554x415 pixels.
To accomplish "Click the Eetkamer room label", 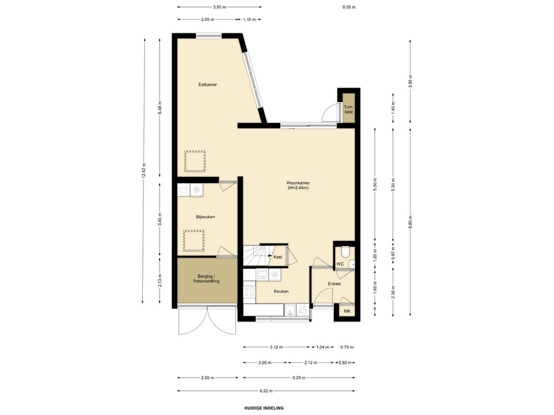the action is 207,85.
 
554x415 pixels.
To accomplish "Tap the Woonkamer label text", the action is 298,183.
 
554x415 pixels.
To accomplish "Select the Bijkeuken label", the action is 205,217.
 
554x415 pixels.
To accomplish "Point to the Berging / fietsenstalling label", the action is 206,278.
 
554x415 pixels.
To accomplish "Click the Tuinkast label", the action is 349,109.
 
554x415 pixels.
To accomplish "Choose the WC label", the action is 340,264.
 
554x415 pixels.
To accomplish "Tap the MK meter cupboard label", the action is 347,311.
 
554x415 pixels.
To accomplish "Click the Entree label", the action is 334,284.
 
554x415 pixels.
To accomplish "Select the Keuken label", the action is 281,291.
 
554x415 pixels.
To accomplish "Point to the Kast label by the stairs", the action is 278,257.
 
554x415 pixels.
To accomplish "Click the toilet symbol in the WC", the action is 345,251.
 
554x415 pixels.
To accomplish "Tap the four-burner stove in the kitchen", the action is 249,292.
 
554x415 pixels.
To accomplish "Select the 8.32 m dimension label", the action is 266,391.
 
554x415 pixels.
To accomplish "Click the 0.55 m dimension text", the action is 349,7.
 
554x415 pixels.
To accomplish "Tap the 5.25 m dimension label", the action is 299,378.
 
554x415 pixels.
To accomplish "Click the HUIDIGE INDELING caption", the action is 264,408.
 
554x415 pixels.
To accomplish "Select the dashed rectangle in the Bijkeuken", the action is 194,240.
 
